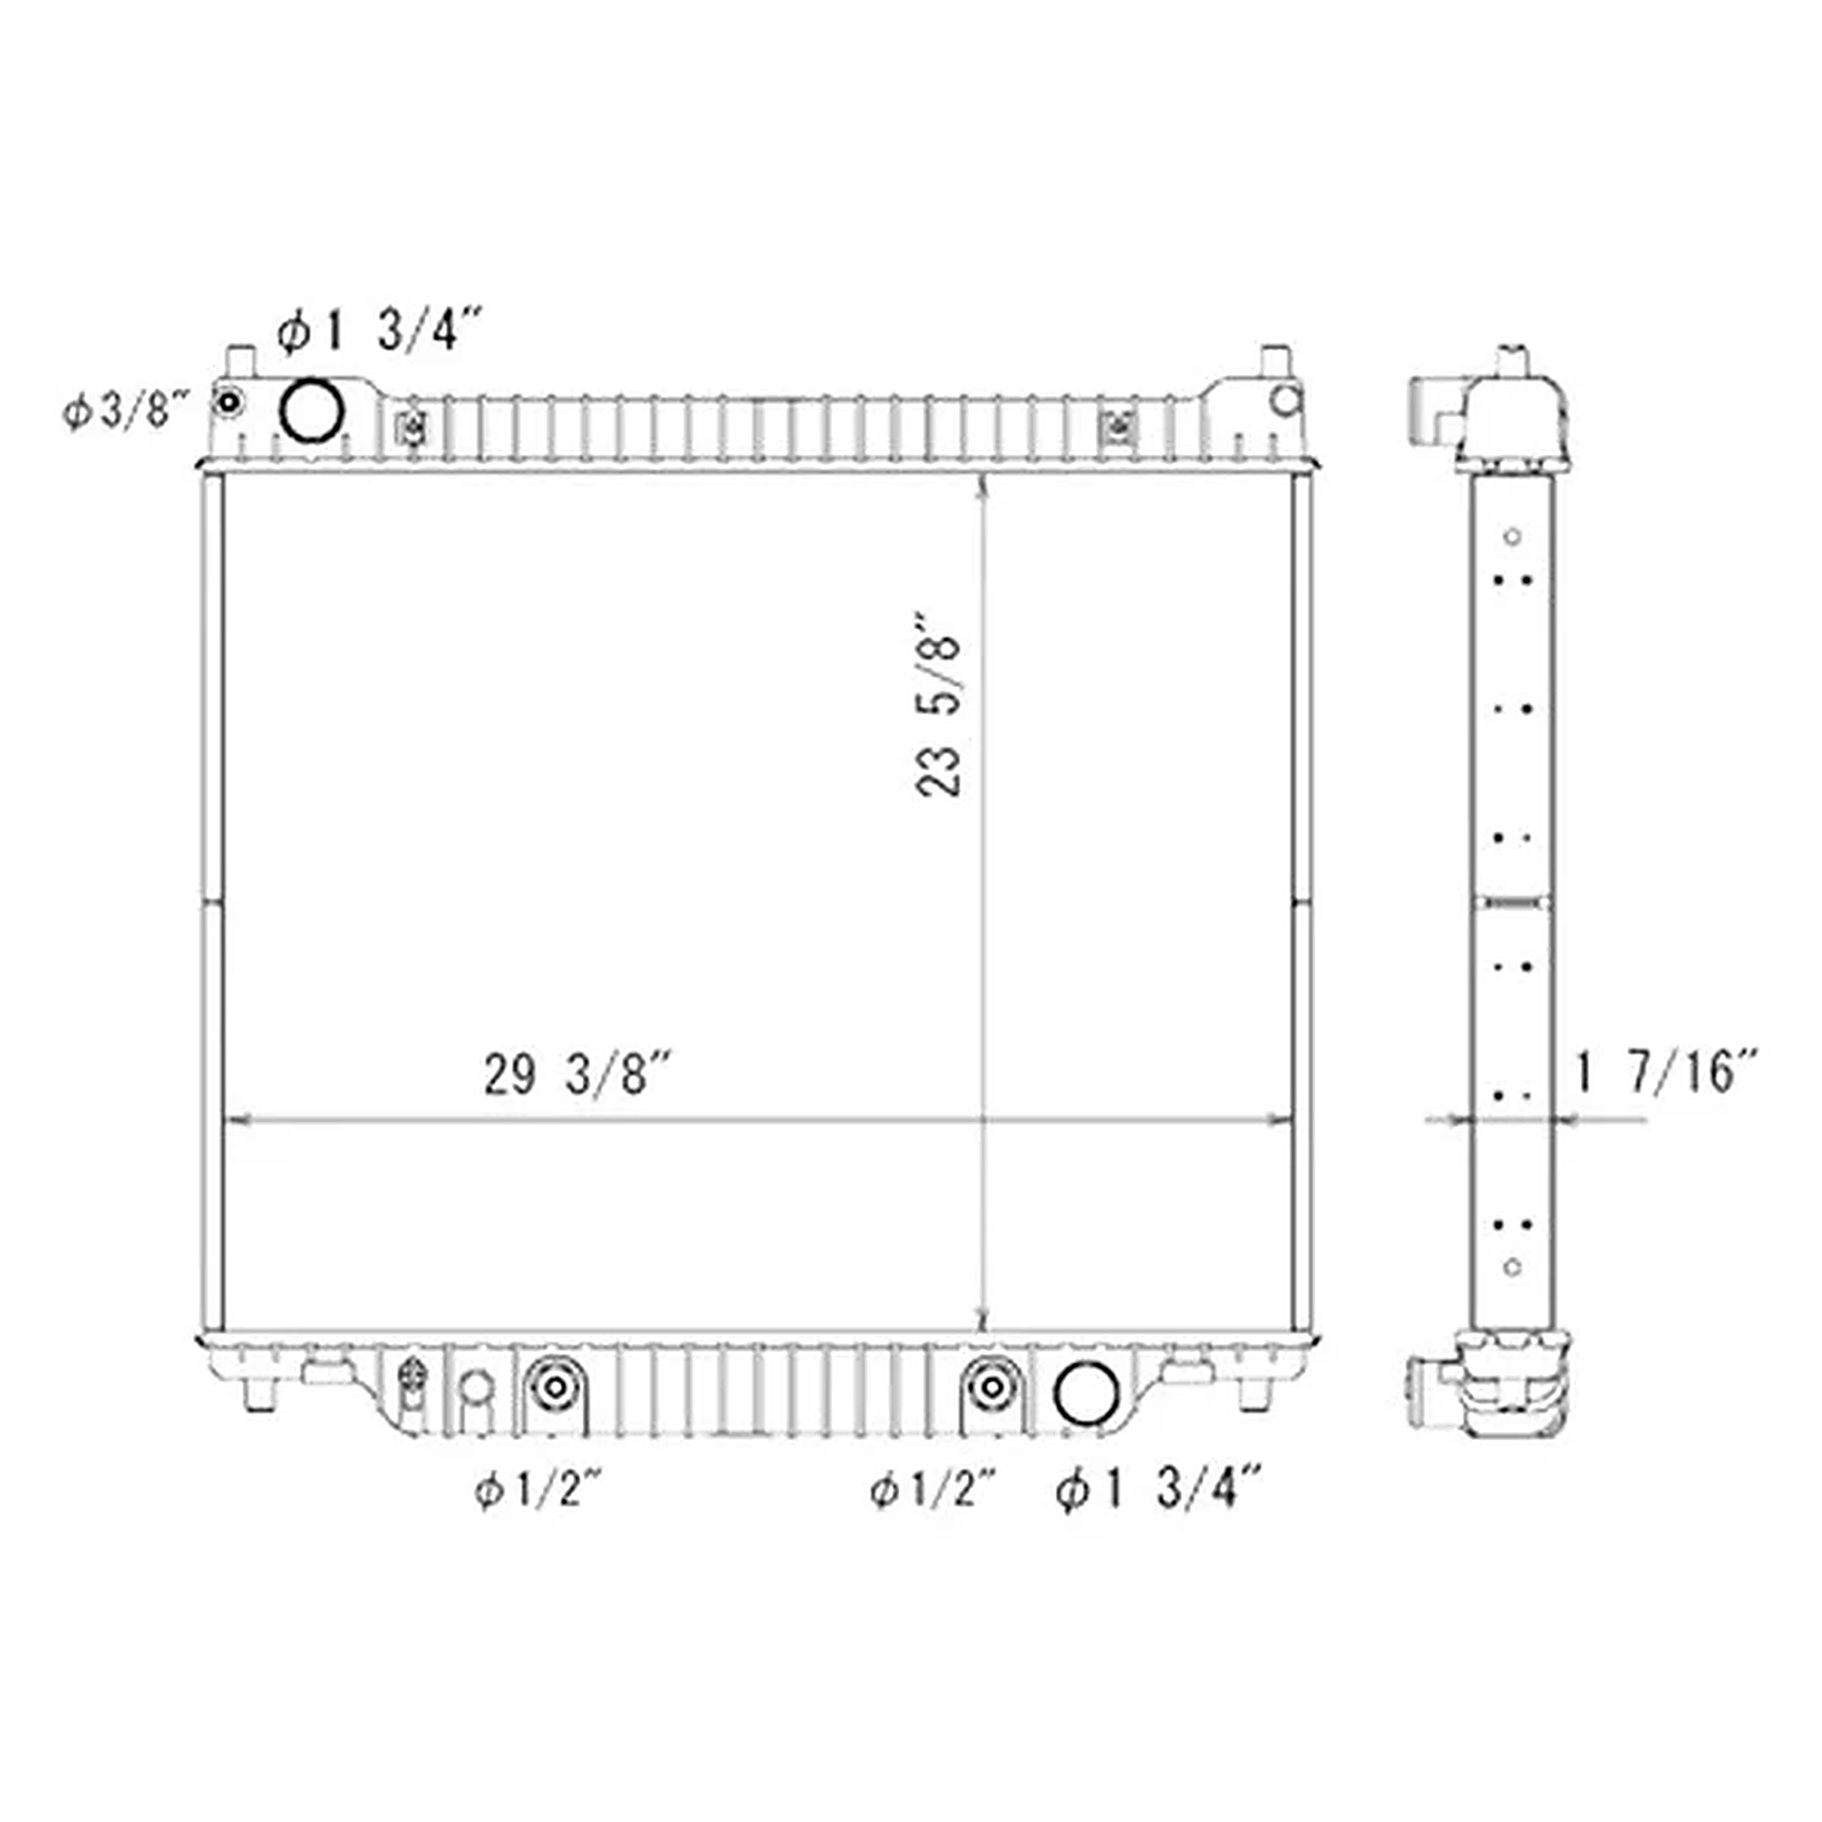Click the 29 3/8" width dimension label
577,1075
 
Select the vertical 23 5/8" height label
939,705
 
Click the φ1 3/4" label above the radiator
380,333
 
